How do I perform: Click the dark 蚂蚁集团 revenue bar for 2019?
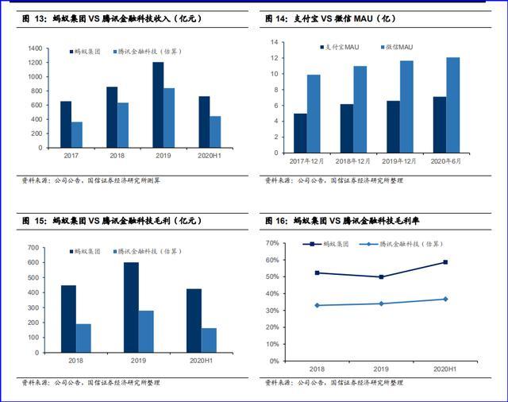[x=158, y=104]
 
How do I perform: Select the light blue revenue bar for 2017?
[x=77, y=134]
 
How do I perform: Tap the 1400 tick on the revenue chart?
[x=35, y=48]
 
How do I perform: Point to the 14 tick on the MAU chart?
[x=274, y=42]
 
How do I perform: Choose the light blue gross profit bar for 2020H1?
[x=209, y=340]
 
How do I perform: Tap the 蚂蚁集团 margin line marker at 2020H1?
[x=445, y=262]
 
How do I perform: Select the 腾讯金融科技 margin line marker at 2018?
[x=317, y=305]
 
